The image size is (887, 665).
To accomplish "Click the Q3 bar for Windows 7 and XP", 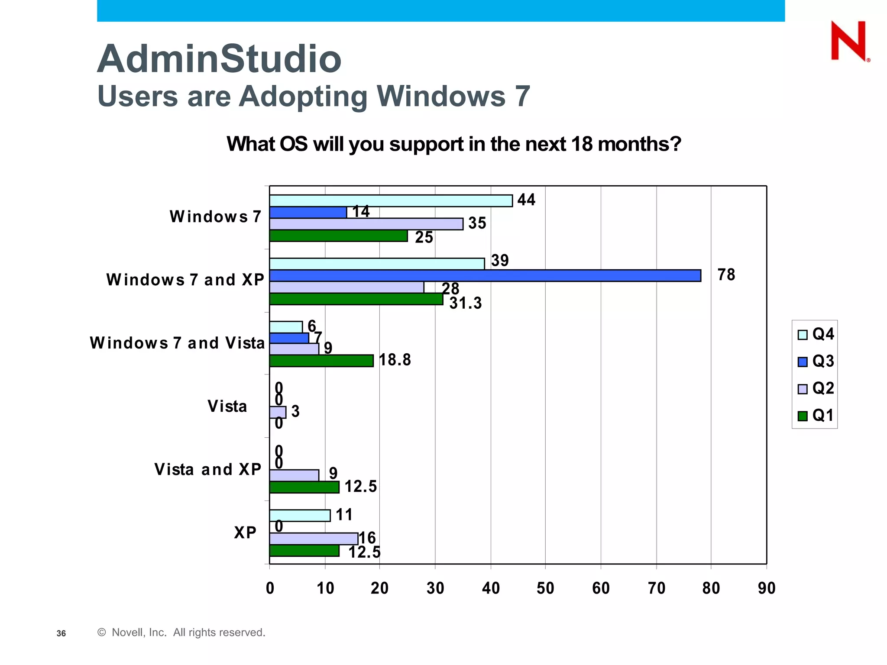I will coord(485,276).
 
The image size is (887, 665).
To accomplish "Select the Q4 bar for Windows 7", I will coord(391,200).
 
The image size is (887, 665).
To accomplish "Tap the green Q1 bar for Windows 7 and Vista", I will coord(321,361).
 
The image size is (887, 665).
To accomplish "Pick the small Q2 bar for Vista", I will coord(278,412).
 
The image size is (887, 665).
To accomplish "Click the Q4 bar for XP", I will coord(300,516).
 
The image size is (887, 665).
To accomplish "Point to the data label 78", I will coord(726,274).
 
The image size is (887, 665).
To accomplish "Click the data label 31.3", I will coord(465,303).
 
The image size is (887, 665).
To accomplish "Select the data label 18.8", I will coord(395,360).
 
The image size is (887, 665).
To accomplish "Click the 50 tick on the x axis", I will coord(545,588).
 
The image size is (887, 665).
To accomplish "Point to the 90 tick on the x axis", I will coord(766,588).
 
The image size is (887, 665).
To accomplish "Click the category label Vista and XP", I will coord(208,469).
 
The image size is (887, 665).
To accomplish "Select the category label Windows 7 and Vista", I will coord(177,343).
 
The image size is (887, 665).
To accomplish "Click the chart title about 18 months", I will coord(453,144).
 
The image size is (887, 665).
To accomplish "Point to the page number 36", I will coord(61,633).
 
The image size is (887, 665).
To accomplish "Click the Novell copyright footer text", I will coord(181,633).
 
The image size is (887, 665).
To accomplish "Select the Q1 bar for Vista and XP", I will coord(304,487).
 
